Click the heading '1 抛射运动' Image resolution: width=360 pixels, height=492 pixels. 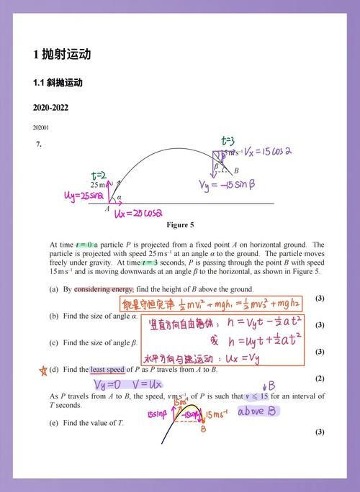62,55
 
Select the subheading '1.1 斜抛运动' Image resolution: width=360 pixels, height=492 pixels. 58,83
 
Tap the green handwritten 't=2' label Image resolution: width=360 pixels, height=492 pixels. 99,175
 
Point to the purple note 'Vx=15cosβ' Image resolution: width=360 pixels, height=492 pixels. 267,152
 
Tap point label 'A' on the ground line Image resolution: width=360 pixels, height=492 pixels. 107,209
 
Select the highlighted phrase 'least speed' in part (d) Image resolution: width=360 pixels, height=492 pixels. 109,369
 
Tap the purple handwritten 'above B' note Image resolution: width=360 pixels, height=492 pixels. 257,411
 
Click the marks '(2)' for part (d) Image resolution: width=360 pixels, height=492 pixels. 320,378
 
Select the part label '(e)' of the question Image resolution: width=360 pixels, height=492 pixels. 53,423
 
